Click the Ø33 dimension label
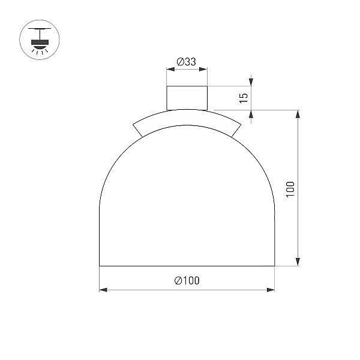[x=186, y=62]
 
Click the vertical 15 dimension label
[x=244, y=98]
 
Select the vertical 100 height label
[x=290, y=189]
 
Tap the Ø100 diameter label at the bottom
[x=187, y=280]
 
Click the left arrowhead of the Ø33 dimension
[x=170, y=70]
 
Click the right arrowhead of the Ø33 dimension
[x=203, y=70]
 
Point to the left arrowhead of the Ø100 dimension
[x=103, y=290]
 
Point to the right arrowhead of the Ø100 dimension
[x=271, y=290]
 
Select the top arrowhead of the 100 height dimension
[x=298, y=114]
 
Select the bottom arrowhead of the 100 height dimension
[x=298, y=262]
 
